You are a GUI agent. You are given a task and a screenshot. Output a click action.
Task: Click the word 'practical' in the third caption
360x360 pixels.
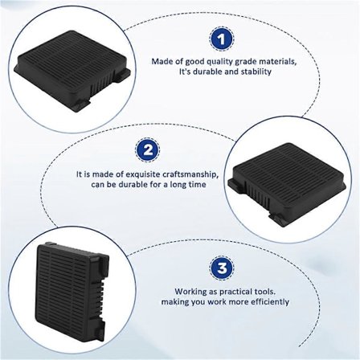pyautogui.click(x=226, y=292)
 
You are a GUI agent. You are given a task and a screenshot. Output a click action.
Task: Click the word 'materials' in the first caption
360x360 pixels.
pyautogui.click(x=260, y=61)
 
